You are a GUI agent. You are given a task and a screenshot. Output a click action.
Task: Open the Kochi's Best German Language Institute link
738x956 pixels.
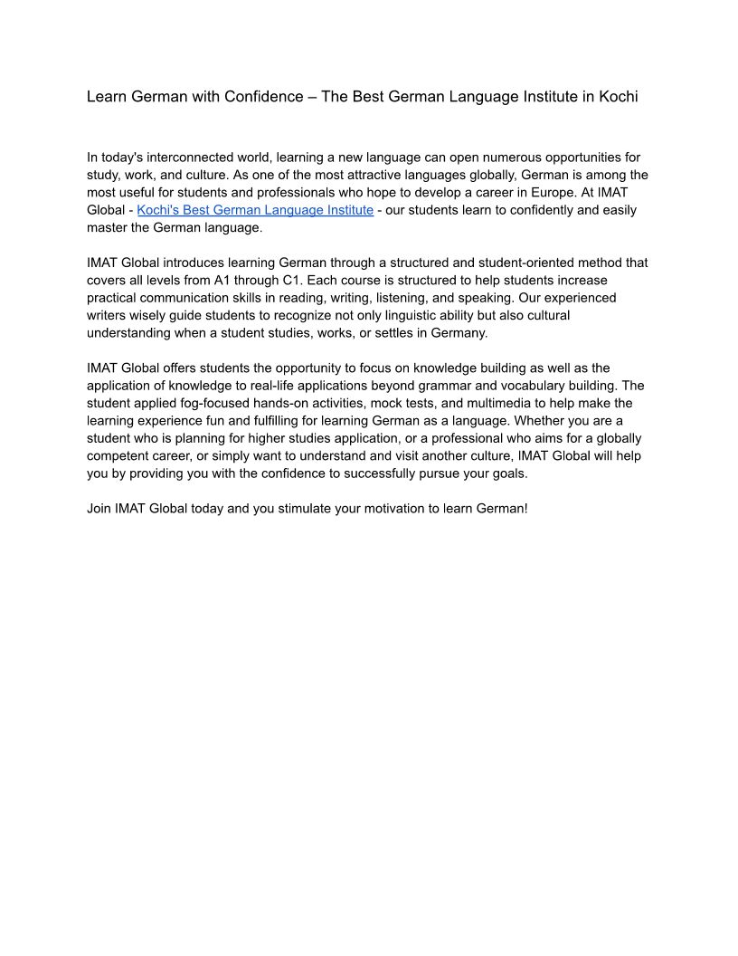255,210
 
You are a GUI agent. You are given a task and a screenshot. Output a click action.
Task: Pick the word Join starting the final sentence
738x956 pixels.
99,508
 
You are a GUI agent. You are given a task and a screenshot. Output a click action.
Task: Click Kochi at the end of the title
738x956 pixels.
619,97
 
